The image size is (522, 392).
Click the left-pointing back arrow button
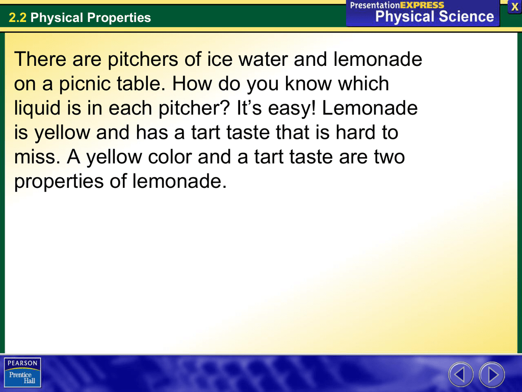(x=461, y=375)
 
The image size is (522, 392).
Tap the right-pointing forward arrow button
(x=492, y=375)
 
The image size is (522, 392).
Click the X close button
(x=514, y=7)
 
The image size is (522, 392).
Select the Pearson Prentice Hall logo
(x=22, y=372)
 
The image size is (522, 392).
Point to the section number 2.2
(x=17, y=18)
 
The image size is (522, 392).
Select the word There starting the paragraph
(x=40, y=60)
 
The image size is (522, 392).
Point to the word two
(x=388, y=157)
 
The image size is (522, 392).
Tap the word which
(x=359, y=84)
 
